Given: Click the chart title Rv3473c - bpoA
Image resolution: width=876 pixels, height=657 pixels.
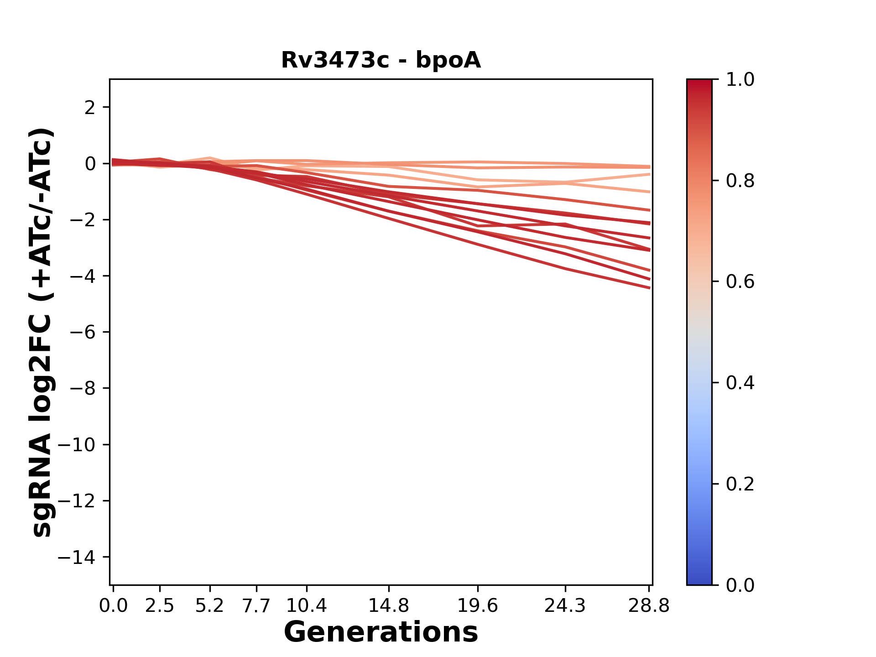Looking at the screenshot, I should (x=381, y=60).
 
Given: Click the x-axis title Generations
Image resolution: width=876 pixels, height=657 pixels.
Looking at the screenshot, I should (x=381, y=632).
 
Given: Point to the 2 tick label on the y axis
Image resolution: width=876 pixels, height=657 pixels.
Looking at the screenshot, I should (x=90, y=108).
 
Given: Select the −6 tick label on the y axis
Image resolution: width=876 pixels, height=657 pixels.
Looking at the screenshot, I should (x=83, y=332).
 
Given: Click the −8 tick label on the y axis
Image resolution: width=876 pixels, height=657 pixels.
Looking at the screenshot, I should (x=83, y=389).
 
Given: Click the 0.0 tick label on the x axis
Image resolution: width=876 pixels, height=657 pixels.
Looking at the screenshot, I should (x=113, y=606).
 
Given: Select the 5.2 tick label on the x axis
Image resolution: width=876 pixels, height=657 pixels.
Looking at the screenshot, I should (x=209, y=606).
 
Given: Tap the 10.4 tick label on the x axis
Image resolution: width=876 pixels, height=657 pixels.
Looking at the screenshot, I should (x=307, y=606).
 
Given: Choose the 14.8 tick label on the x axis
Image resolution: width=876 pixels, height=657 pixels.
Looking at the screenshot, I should (x=389, y=606).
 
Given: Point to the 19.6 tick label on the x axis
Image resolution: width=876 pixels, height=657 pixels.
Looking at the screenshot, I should (x=478, y=606).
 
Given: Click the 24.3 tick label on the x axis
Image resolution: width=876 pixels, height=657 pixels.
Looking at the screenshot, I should (x=565, y=606).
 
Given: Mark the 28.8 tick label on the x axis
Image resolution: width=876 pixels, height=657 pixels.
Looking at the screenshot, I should (x=649, y=606).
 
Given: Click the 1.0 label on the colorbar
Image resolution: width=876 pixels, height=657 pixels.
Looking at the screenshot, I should (x=740, y=80).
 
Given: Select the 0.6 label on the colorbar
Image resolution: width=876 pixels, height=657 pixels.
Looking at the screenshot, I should (x=740, y=282).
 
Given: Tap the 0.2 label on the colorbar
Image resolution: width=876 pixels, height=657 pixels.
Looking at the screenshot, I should (x=740, y=484).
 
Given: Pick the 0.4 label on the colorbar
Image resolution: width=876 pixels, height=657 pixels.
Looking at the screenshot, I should (x=740, y=383).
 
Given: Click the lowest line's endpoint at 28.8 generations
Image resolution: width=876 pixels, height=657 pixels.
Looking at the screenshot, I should (x=649, y=288).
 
